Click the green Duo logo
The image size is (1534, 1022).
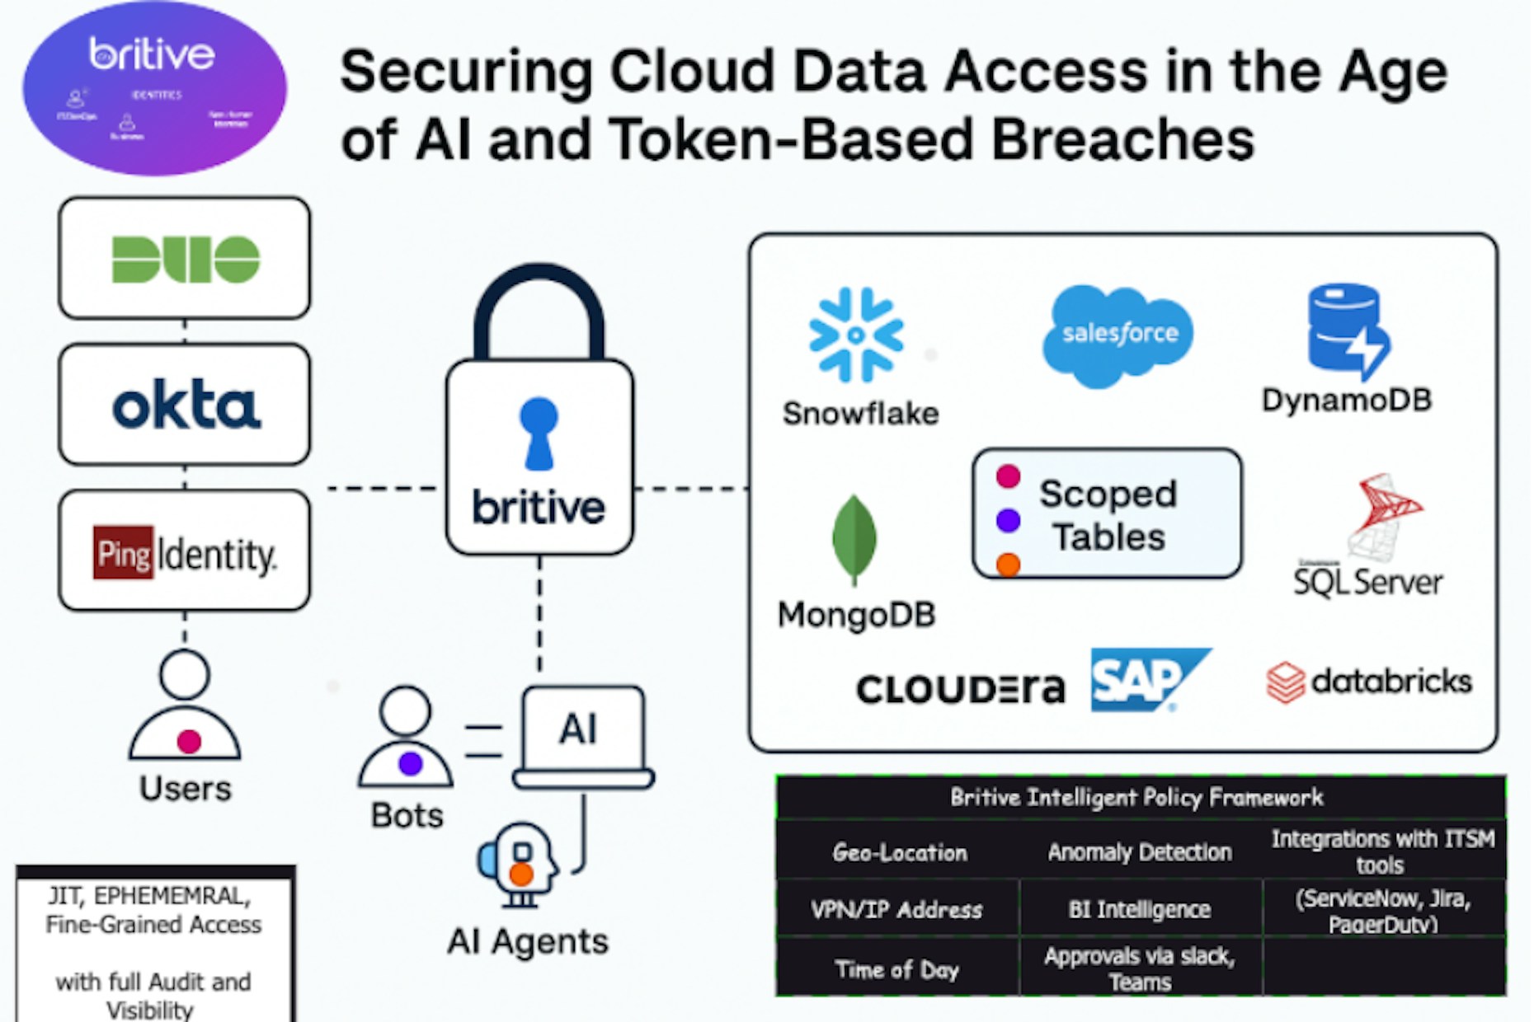186,259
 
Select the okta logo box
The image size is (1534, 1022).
185,406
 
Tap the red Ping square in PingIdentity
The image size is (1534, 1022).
123,552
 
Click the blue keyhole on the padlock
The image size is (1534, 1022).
539,433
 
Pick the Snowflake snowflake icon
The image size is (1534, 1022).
856,335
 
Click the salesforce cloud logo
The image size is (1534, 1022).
1118,334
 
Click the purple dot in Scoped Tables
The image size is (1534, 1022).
1008,520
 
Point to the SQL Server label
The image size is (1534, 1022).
1367,582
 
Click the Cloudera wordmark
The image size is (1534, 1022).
960,689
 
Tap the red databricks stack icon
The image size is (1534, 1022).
1285,682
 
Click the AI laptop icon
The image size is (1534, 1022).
582,736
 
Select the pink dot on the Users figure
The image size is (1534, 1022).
189,741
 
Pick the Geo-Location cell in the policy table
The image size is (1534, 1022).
899,852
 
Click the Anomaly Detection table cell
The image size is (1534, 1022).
1139,852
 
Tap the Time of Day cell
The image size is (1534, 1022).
897,969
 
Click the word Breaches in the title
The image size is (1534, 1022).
1122,139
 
